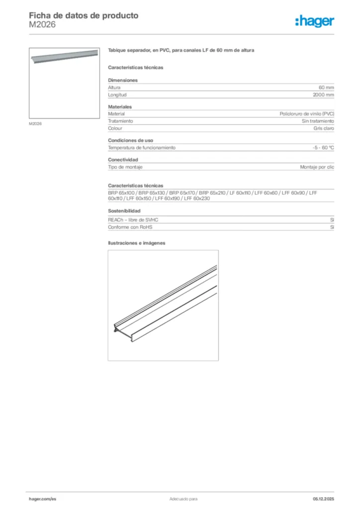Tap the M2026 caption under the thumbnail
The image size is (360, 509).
35,124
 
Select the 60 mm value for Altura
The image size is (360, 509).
326,87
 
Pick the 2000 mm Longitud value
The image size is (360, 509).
323,94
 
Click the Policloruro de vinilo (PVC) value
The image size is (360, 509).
307,114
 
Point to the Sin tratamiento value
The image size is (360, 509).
318,121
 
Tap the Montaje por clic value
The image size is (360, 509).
317,167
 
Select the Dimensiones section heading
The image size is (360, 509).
123,80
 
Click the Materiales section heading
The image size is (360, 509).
120,107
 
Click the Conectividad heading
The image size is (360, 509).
123,160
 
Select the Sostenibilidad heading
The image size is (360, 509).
124,211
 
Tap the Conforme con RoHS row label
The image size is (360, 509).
130,227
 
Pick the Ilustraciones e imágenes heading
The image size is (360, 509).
136,243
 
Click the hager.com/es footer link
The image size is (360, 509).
42,499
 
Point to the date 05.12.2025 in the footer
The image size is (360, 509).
323,499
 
